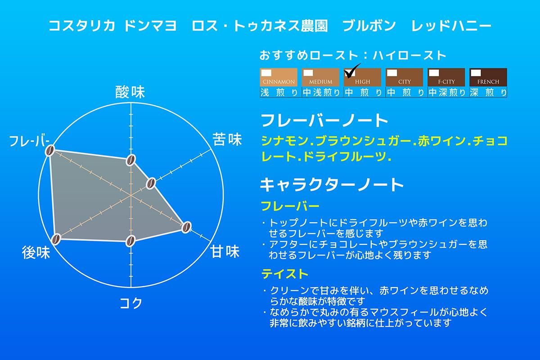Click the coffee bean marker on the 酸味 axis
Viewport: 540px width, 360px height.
(x=131, y=160)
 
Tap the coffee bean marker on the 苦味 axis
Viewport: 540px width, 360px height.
(x=151, y=184)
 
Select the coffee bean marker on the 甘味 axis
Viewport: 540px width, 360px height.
(x=186, y=227)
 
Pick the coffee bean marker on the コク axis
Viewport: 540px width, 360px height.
(x=130, y=241)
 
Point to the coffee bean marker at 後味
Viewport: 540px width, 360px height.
(x=56, y=239)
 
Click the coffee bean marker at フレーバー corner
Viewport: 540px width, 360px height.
(x=50, y=151)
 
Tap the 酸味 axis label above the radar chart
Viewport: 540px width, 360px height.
(x=130, y=92)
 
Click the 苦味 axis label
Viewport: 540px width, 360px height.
(x=227, y=139)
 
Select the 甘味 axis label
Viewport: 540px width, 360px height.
(x=225, y=252)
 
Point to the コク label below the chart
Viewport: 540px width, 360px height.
(x=131, y=303)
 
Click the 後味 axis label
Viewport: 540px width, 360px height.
(x=36, y=252)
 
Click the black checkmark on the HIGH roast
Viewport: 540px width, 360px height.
(x=352, y=71)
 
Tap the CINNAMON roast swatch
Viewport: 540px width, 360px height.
(x=279, y=77)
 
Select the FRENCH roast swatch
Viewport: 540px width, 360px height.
(x=488, y=77)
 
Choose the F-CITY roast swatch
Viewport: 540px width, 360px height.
(x=446, y=77)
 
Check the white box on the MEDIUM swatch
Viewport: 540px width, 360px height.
(x=308, y=73)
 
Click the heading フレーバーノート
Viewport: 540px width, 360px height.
(x=324, y=120)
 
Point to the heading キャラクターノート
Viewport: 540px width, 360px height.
(x=332, y=184)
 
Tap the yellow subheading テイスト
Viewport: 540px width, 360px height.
(x=285, y=274)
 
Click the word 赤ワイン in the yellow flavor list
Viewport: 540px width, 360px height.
(x=441, y=141)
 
